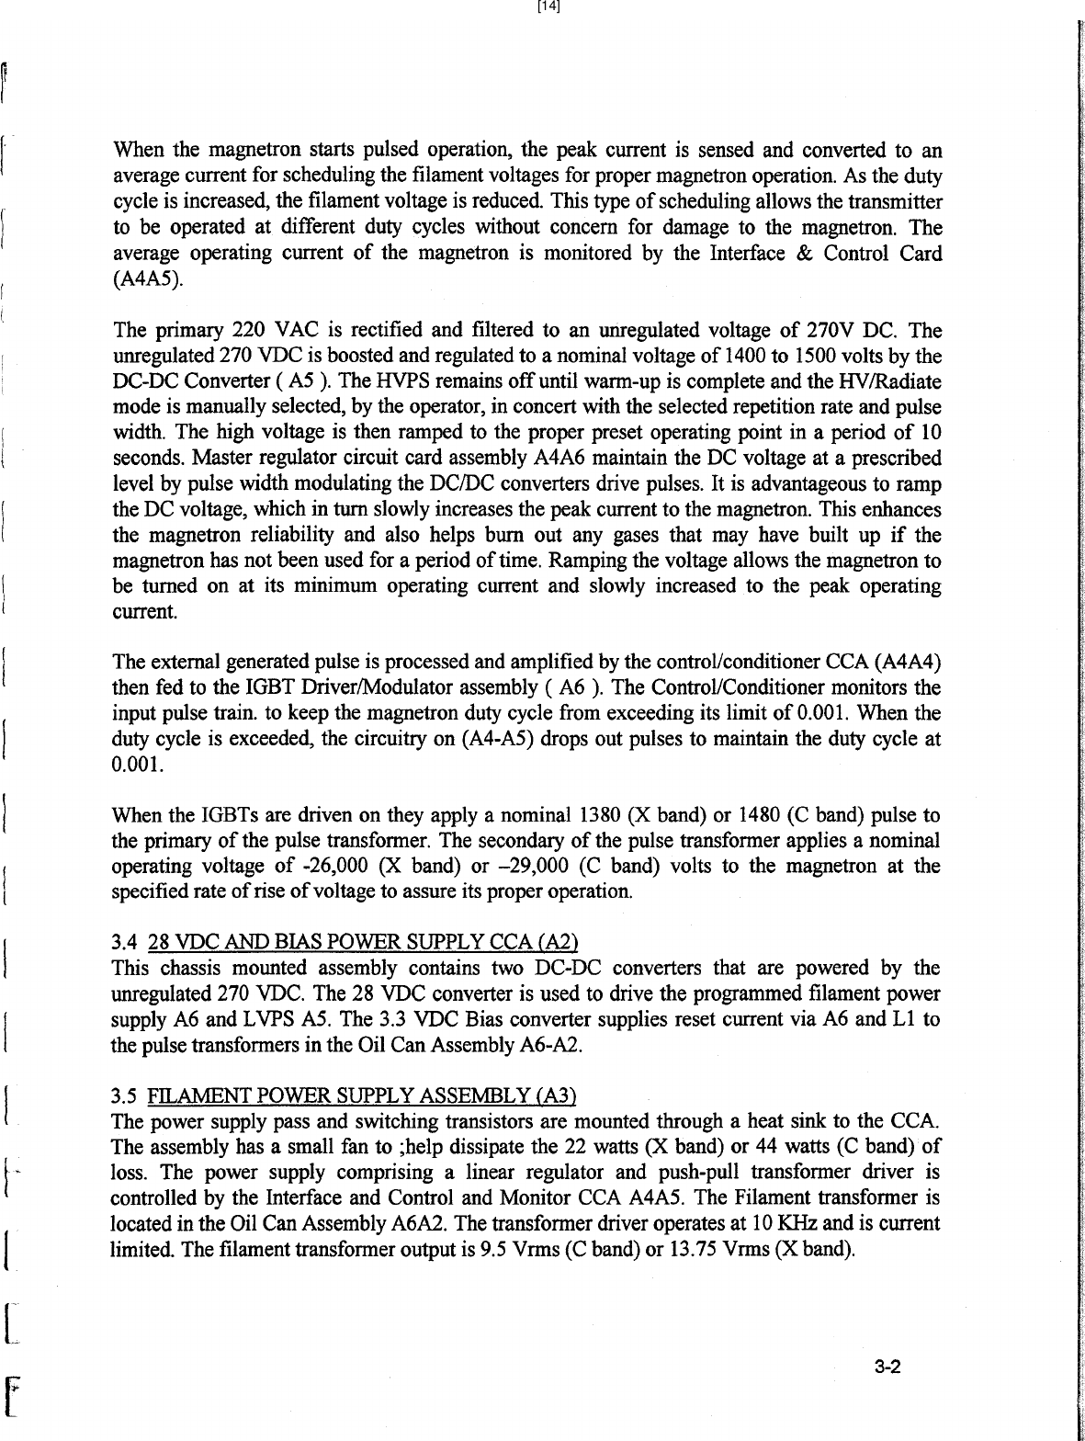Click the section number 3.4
(x=124, y=943)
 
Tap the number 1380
(x=602, y=815)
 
